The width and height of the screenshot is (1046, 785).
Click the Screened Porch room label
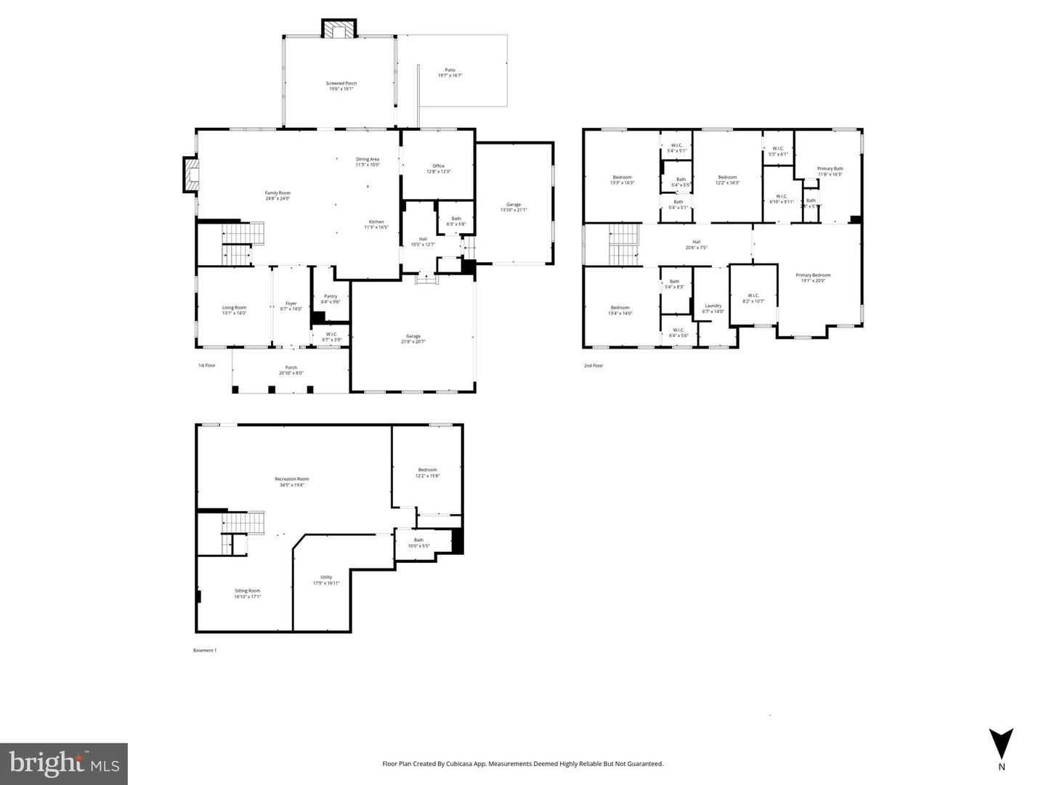click(x=341, y=84)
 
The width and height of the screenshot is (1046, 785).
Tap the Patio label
click(x=450, y=70)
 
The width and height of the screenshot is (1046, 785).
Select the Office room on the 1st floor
click(x=438, y=166)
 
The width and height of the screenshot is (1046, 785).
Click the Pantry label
click(x=331, y=296)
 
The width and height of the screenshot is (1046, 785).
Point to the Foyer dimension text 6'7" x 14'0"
click(x=291, y=309)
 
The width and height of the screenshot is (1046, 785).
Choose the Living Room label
click(x=234, y=307)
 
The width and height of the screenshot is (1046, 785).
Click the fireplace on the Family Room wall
click(x=191, y=175)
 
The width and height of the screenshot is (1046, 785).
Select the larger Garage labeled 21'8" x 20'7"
click(x=413, y=336)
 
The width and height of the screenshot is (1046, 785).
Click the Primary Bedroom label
click(x=812, y=275)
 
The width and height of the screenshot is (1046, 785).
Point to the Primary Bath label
click(x=830, y=168)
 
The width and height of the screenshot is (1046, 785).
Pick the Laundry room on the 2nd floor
click(x=713, y=306)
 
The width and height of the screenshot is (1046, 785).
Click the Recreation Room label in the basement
click(x=291, y=479)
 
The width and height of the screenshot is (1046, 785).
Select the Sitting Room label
click(x=247, y=590)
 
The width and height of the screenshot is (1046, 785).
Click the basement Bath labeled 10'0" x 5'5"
click(x=418, y=540)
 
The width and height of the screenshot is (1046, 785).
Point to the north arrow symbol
click(x=1001, y=744)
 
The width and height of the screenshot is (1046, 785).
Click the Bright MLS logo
click(x=64, y=764)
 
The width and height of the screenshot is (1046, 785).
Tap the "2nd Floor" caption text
click(x=593, y=366)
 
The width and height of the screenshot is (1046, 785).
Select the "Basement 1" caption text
click(x=204, y=651)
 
